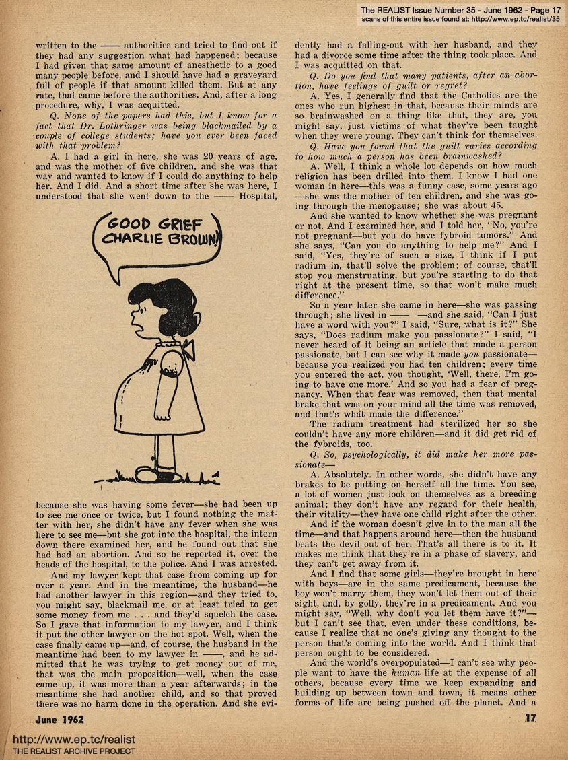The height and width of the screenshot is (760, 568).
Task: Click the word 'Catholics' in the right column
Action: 448,96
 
